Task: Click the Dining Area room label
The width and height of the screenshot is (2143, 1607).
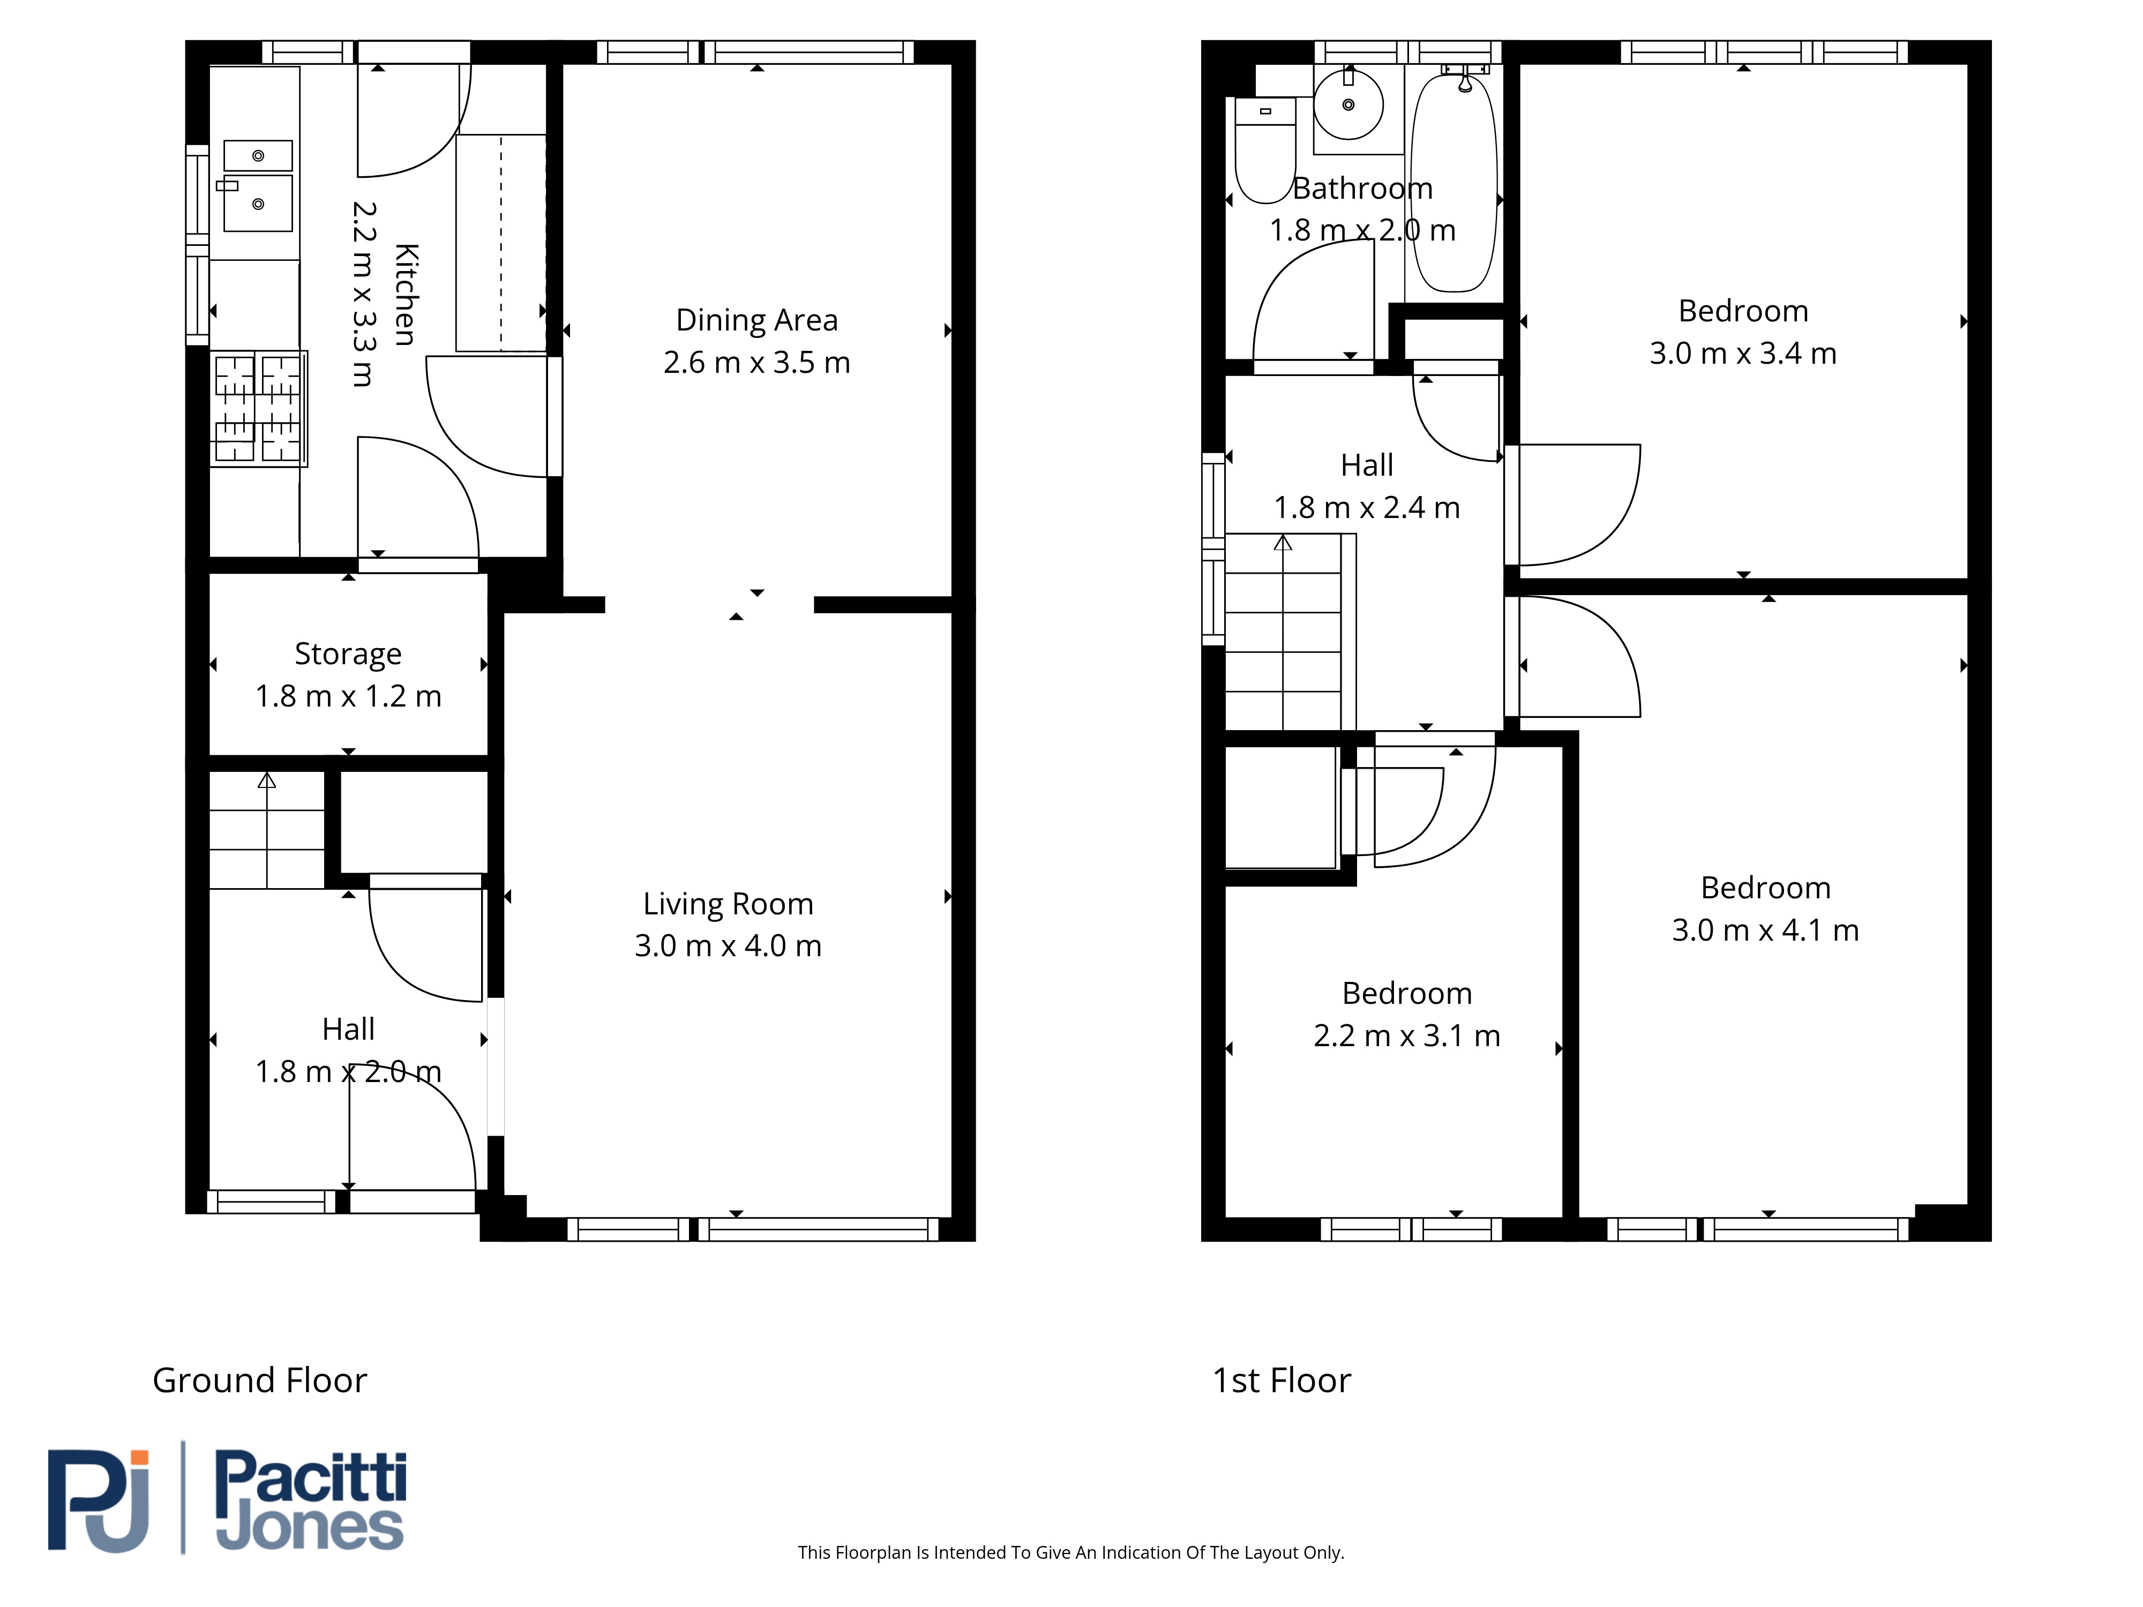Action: click(756, 320)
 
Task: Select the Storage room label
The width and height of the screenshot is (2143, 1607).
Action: click(348, 655)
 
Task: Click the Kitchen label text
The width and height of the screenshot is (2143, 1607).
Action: click(406, 295)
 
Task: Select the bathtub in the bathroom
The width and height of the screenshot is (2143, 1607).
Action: click(1454, 182)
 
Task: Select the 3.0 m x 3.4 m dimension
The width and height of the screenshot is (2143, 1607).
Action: click(1743, 354)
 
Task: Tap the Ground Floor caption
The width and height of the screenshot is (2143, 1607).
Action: click(260, 1380)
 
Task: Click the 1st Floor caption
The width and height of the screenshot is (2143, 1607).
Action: click(1282, 1380)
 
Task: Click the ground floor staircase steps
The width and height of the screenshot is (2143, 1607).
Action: click(267, 830)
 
